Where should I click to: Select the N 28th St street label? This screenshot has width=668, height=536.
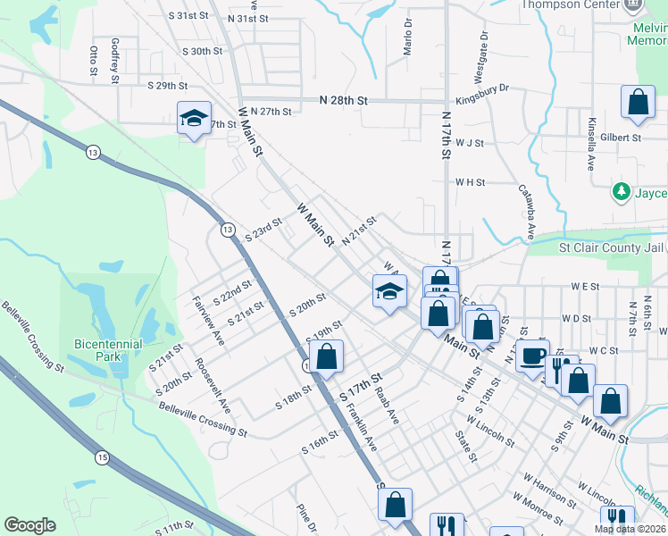pos(343,101)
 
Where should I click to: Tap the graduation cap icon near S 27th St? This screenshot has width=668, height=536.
pos(192,119)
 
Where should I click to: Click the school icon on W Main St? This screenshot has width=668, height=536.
pos(389,291)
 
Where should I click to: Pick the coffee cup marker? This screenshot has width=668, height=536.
pos(534,356)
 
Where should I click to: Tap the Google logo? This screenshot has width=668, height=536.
pos(29,525)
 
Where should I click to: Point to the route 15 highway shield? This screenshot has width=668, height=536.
pos(102,456)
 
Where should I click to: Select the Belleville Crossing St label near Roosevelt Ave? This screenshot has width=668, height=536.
pos(203,418)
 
